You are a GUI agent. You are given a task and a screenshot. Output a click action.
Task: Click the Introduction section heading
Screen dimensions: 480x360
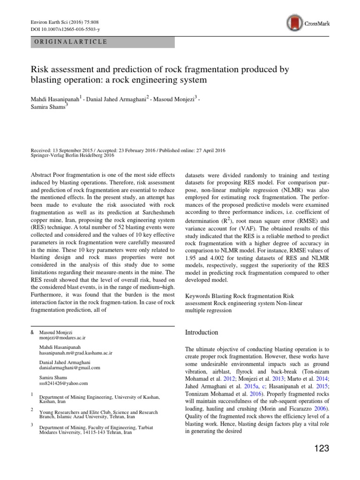(202, 332)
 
